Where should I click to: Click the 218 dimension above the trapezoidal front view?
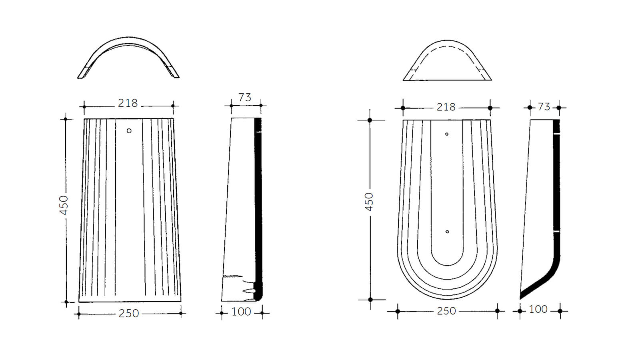tap(128, 103)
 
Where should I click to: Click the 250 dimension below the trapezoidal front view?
tap(128, 314)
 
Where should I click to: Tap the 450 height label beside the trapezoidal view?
tap(64, 205)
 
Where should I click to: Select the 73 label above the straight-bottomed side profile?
tap(244, 98)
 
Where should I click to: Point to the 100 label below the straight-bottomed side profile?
tap(241, 312)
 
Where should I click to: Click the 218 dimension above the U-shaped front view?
tap(446, 107)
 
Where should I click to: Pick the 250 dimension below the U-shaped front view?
tap(446, 311)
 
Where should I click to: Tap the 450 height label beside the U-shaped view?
tap(369, 202)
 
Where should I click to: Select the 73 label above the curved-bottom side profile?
tap(544, 107)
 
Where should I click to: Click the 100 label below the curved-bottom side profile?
tap(538, 309)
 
